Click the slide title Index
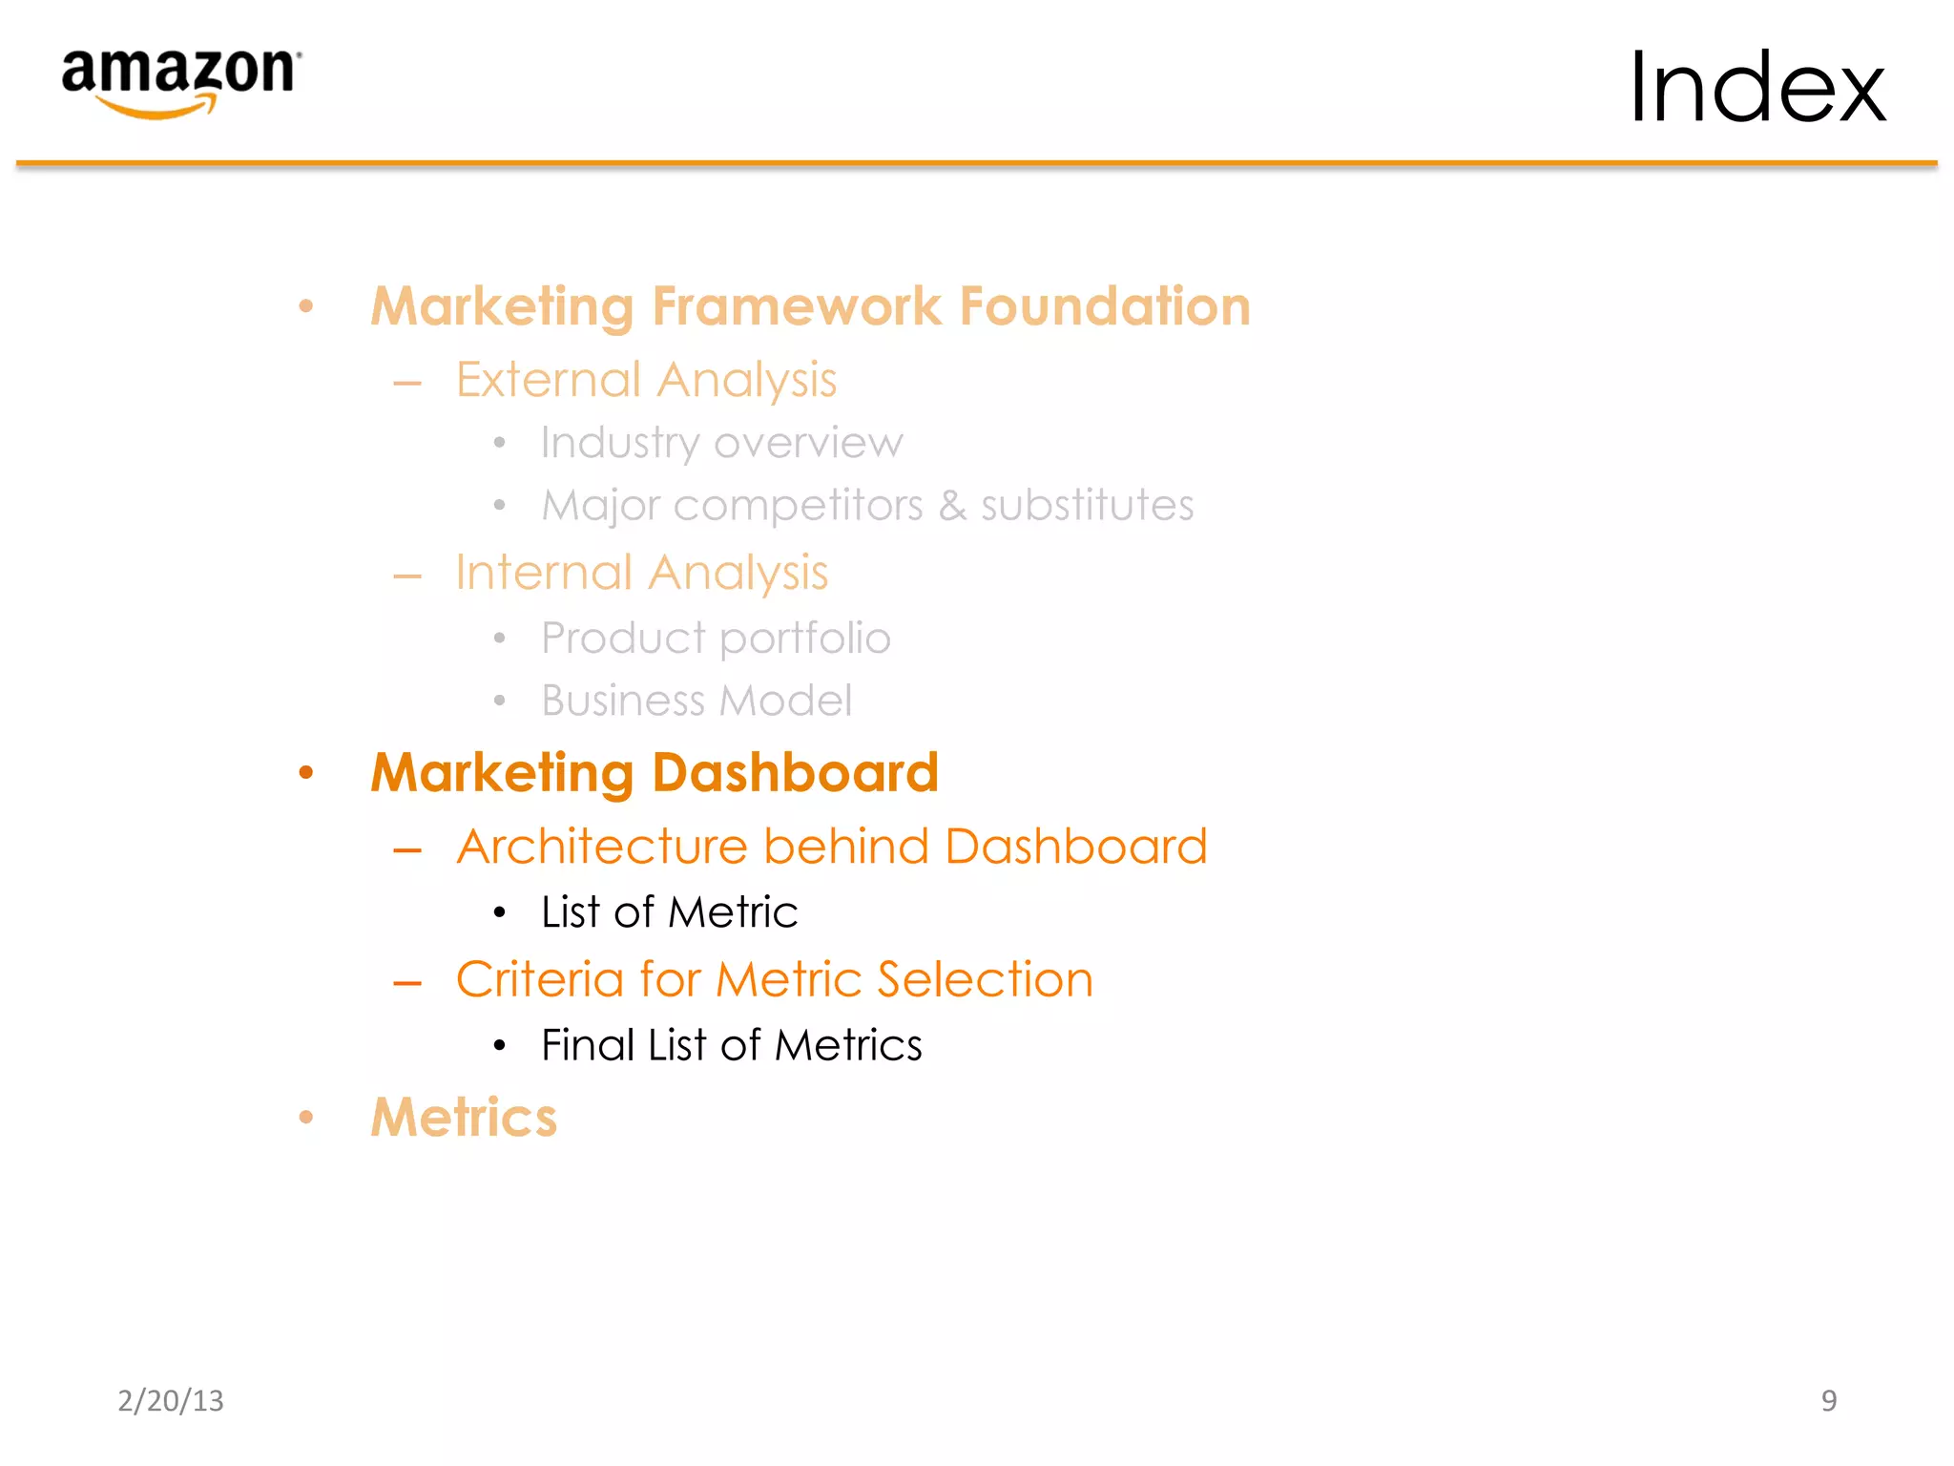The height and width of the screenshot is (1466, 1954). coord(1757,88)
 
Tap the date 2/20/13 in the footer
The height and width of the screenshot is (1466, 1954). coord(171,1400)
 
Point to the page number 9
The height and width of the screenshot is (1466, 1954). coord(1828,1400)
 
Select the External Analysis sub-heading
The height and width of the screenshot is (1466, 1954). coord(646,380)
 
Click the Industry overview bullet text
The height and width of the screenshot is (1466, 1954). coord(721,443)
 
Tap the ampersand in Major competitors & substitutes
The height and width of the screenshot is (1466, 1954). coord(951,505)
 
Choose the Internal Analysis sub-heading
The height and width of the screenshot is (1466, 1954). coord(642,573)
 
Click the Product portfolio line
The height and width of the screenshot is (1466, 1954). coord(716,638)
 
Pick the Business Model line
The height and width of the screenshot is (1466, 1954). coord(696,701)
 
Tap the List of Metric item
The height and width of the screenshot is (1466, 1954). coord(669,912)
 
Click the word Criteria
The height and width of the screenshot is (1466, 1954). coord(540,979)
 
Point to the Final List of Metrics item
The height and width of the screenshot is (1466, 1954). coord(731,1045)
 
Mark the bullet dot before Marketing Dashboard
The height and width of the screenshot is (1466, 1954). coord(305,772)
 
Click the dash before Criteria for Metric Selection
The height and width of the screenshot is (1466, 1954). coord(407,983)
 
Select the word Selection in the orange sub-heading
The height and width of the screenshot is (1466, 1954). coord(985,979)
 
